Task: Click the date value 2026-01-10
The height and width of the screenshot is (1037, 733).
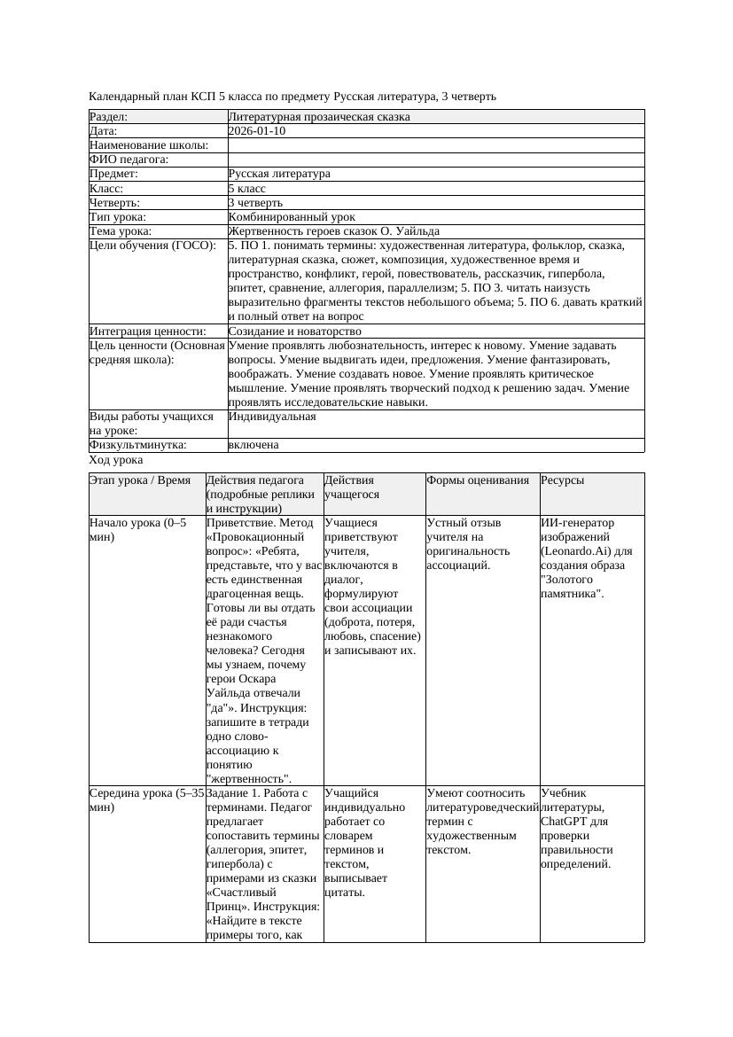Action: point(256,131)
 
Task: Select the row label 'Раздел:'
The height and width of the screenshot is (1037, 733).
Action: point(109,117)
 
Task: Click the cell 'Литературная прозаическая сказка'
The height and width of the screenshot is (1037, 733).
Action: point(318,117)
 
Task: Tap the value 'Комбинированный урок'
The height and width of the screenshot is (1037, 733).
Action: point(292,217)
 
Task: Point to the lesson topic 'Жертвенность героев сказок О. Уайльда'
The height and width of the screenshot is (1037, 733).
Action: point(333,231)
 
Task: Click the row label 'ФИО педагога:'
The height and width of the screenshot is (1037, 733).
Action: point(129,160)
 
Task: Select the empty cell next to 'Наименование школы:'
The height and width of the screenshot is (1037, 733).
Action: point(435,145)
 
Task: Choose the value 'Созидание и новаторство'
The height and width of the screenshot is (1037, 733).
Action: point(294,331)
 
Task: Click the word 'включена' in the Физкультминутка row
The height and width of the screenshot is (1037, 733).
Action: point(253,445)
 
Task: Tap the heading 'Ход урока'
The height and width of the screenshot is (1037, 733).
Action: point(116,460)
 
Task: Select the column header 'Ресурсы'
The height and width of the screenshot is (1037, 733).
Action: point(563,480)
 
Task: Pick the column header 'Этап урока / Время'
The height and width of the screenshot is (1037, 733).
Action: point(140,480)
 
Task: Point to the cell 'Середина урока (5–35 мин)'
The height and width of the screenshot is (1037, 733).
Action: point(147,800)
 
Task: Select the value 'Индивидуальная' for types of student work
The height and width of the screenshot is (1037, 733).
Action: point(271,416)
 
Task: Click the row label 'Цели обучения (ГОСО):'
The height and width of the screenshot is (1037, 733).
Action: point(152,246)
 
